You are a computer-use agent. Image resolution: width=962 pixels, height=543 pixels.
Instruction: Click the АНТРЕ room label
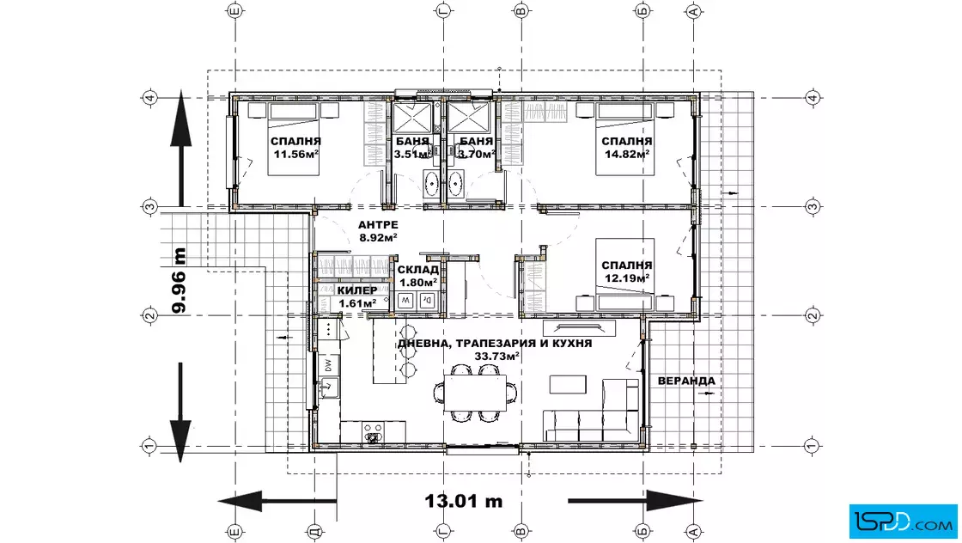click(x=378, y=225)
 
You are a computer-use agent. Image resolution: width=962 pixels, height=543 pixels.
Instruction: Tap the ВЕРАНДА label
click(x=686, y=381)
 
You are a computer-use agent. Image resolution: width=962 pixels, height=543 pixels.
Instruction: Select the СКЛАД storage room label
click(x=417, y=270)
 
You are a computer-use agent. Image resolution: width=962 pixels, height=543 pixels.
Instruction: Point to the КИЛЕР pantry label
click(x=357, y=290)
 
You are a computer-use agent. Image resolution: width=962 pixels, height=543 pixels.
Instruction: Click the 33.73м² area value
click(x=497, y=356)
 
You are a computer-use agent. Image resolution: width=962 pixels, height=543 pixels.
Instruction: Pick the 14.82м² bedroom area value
click(x=627, y=155)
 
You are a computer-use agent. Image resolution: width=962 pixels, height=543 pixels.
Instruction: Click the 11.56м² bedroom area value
click(x=295, y=155)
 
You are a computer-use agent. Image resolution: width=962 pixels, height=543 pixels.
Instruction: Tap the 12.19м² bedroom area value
click(x=627, y=278)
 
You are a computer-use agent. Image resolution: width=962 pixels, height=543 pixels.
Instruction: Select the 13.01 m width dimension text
click(x=464, y=501)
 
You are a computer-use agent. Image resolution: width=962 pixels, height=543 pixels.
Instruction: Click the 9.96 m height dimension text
click(x=180, y=280)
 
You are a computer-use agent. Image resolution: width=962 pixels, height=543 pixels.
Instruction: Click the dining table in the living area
click(x=476, y=393)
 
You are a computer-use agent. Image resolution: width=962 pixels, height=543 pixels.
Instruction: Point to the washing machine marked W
click(x=405, y=301)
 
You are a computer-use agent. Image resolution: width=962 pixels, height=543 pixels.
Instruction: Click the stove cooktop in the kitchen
click(x=372, y=432)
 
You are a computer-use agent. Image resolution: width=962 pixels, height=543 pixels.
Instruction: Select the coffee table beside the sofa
click(x=568, y=384)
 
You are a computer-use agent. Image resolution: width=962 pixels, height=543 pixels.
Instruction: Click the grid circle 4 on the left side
click(x=149, y=98)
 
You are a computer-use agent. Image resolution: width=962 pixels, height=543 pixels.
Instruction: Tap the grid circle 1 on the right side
click(x=812, y=446)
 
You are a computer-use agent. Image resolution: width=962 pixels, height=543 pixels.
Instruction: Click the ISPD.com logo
click(x=903, y=522)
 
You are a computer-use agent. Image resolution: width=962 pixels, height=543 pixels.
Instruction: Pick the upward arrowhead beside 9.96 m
click(x=180, y=117)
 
